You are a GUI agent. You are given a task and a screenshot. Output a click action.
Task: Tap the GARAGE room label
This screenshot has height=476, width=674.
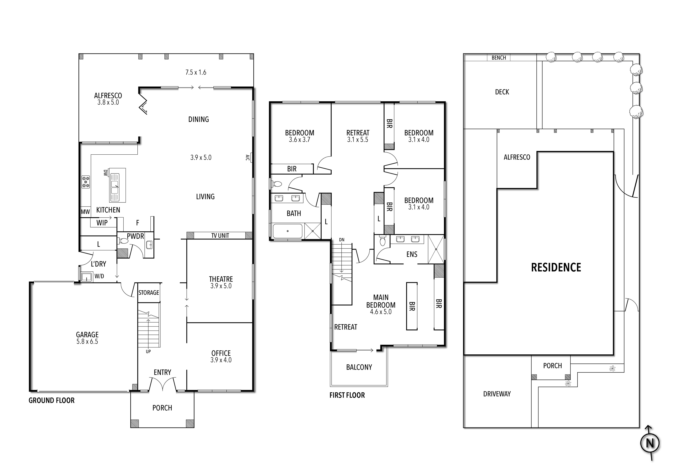87,335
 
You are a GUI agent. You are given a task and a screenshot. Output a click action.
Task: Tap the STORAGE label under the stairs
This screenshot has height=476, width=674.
148,293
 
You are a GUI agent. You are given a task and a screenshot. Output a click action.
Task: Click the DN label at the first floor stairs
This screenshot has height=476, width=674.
342,240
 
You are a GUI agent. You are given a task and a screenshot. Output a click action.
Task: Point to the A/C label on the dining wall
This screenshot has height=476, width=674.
247,158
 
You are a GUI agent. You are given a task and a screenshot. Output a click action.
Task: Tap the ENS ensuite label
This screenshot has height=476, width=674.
412,254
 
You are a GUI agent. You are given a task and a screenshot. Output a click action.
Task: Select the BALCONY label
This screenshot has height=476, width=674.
359,367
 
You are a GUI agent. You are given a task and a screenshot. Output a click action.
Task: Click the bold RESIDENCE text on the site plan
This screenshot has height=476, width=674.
556,267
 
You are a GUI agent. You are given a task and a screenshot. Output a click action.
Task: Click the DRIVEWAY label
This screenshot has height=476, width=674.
497,394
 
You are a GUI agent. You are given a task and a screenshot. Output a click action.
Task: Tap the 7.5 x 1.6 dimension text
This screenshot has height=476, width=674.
196,72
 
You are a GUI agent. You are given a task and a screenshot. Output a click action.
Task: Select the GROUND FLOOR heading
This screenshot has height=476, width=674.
52,400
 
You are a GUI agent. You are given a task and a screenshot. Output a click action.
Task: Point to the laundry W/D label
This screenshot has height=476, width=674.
99,276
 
